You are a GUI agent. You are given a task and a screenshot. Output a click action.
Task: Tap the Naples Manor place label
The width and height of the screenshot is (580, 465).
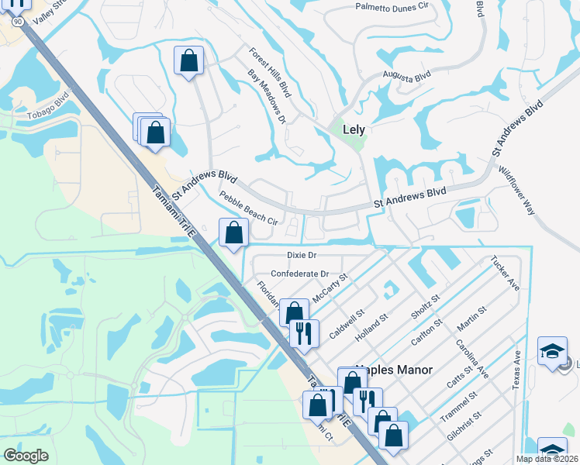(394, 370)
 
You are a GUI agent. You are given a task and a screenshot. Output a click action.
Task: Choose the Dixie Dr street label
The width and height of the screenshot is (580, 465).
(303, 254)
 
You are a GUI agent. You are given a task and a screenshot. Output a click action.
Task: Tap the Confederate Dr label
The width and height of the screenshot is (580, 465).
(299, 274)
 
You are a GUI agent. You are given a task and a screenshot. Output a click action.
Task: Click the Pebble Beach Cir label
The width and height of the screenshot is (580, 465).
(248, 208)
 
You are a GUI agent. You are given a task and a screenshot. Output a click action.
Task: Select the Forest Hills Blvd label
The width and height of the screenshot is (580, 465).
(270, 72)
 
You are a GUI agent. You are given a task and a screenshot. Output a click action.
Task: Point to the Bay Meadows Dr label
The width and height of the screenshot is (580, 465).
(268, 97)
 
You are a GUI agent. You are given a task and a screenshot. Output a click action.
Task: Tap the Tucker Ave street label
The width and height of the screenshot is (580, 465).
(504, 274)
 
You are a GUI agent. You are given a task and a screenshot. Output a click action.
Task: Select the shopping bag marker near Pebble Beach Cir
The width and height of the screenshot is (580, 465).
(234, 232)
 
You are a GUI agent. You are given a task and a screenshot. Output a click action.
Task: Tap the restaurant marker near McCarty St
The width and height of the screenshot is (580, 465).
(304, 334)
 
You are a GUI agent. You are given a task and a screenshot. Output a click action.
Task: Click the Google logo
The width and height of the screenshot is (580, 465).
(26, 456)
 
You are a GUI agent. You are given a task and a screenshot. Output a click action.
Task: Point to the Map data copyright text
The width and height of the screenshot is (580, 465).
(547, 459)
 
